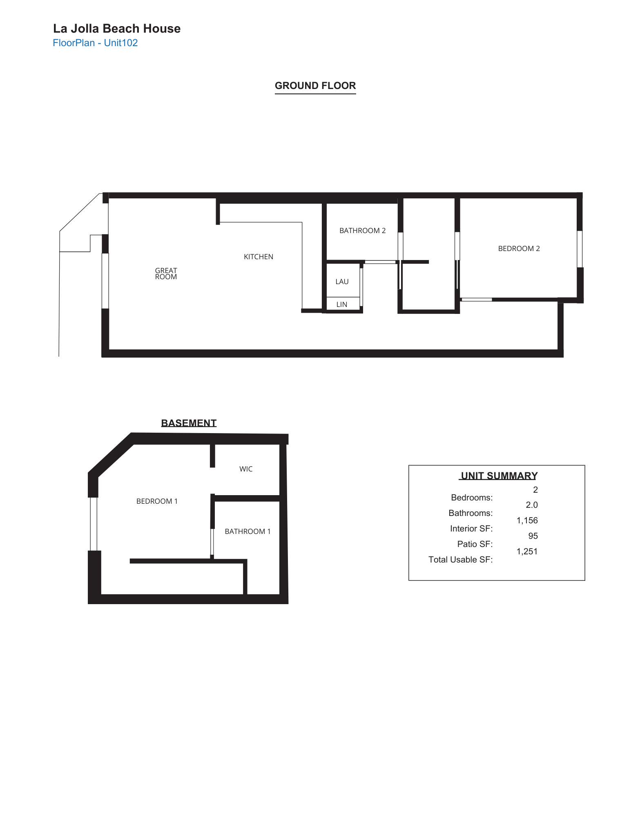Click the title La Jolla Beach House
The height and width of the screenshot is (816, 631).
(117, 29)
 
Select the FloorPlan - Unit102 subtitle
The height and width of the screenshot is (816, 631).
(95, 43)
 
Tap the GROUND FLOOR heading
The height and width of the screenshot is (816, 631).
(315, 86)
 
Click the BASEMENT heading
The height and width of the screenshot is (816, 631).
(189, 423)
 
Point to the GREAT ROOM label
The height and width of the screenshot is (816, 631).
(166, 273)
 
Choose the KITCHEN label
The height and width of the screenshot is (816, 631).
(259, 257)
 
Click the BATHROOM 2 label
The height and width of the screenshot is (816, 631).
(362, 231)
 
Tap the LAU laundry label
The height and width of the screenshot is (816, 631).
(342, 282)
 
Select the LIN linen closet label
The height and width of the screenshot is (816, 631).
(342, 305)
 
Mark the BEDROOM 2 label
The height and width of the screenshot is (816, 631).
(519, 249)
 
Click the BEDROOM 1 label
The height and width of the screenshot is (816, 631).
(157, 501)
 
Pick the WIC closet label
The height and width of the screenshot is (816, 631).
(246, 469)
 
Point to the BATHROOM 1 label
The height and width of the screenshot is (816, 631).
(247, 531)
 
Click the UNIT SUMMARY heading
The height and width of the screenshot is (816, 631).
(499, 476)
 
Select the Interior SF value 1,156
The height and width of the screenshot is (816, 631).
(527, 520)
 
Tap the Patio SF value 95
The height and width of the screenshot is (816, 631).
(533, 536)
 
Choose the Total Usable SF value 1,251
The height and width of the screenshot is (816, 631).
(527, 551)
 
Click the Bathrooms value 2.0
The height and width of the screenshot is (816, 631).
(531, 505)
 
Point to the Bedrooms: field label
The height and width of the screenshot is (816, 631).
(472, 498)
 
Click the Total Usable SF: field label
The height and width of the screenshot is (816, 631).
(460, 560)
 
